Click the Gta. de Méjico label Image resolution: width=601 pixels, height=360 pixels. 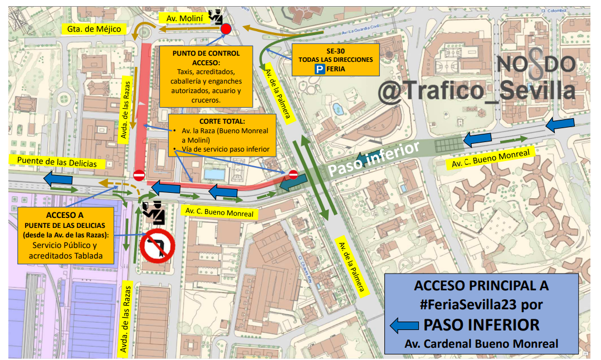94,29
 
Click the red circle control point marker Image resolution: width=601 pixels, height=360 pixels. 226,29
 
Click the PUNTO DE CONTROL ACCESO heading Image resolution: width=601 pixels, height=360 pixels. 206,58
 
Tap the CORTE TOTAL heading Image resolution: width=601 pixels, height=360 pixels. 222,121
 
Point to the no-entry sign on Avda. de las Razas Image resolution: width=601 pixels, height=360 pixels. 139,175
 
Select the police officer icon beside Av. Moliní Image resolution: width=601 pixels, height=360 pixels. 216,15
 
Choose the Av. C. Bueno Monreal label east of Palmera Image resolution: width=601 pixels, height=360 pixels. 490,158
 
